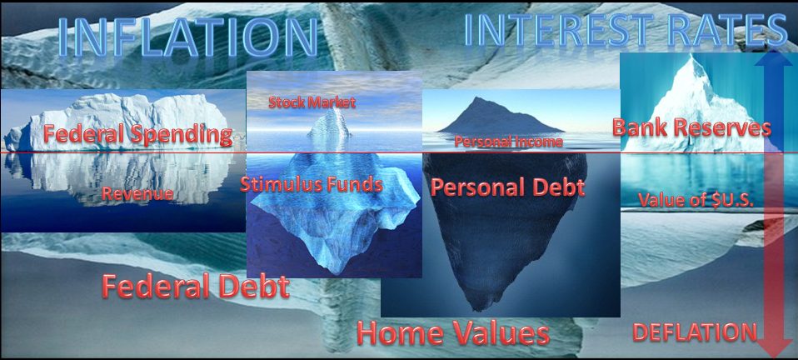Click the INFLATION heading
(187, 38)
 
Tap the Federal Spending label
(138, 134)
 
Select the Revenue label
(137, 193)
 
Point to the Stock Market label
(312, 102)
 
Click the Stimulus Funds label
(311, 184)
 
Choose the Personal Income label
(508, 142)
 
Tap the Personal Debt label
(508, 187)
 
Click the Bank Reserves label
(691, 127)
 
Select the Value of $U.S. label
(696, 200)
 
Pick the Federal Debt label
(196, 286)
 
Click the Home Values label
(453, 333)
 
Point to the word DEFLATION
(695, 332)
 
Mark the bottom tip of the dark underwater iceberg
(476, 310)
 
